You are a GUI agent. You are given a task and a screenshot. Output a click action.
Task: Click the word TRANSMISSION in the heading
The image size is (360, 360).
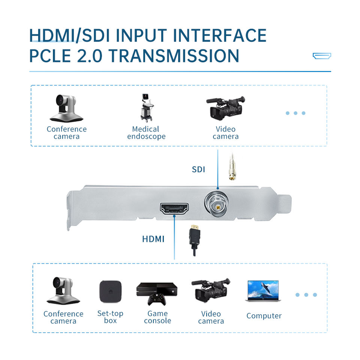click(174, 56)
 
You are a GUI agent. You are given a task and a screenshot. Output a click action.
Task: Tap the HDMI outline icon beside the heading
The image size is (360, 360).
click(322, 56)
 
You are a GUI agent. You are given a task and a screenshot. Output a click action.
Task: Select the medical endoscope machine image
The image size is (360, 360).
click(147, 108)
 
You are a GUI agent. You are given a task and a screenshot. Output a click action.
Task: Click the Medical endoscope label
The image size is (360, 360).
click(146, 133)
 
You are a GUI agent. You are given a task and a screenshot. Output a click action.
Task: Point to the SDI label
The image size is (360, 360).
click(198, 169)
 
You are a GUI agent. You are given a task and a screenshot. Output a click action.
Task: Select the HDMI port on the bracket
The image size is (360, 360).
click(174, 209)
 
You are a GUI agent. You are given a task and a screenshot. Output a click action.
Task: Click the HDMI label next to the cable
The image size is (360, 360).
click(153, 239)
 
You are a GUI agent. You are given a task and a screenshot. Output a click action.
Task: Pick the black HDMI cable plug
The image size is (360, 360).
click(195, 240)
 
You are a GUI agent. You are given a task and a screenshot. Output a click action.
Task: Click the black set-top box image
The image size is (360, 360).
click(110, 292)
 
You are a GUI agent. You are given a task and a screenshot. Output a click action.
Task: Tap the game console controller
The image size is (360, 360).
click(157, 299)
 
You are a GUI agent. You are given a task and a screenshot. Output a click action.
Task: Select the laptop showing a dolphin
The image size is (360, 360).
click(263, 291)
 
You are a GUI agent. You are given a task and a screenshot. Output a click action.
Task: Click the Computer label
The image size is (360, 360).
click(264, 316)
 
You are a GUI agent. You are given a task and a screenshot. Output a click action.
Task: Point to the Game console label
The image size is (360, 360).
click(157, 317)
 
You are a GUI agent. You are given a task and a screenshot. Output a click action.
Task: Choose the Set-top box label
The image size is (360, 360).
click(110, 317)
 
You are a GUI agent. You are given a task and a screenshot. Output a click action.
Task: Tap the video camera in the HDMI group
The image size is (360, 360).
click(211, 290)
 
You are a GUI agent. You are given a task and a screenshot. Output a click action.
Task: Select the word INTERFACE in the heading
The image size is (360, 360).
click(220, 36)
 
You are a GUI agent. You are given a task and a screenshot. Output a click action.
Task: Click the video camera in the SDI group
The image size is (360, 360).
click(226, 108)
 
